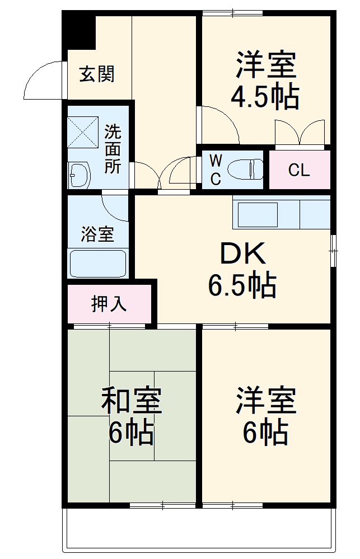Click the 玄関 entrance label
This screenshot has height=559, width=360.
[97, 74]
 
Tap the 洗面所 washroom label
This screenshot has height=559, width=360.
[113, 149]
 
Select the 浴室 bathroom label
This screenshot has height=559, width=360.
[97, 234]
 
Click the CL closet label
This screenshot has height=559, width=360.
[299, 170]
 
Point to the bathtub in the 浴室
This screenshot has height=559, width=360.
[98, 264]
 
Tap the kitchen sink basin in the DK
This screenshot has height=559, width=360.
[258, 214]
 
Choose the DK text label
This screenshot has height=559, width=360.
[242, 255]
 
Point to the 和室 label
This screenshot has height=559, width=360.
[132, 401]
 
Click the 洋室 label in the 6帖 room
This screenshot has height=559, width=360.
[265, 401]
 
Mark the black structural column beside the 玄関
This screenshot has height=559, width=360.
[78, 31]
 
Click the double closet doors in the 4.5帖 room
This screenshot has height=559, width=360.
[300, 133]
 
